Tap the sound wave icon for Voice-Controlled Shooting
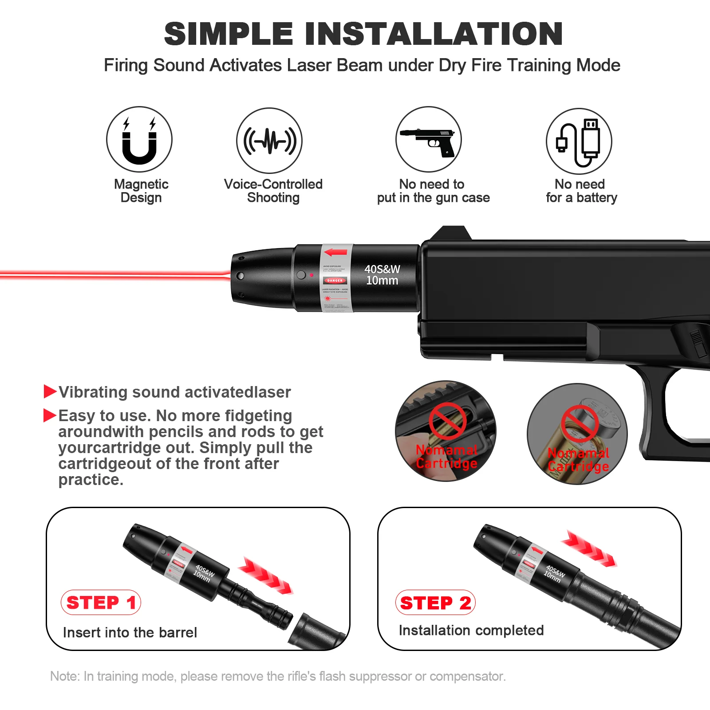click(269, 141)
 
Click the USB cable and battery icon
click(579, 141)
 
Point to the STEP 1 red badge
click(101, 603)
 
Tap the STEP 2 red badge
click(435, 603)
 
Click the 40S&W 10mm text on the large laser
click(382, 275)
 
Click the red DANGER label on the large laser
click(335, 280)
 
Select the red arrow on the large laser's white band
click(336, 252)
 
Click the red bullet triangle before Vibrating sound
click(50, 391)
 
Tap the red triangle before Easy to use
click(50, 415)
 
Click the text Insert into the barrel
click(130, 632)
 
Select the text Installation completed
click(471, 630)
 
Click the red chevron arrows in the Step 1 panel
click(265, 576)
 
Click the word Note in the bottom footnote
click(65, 676)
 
